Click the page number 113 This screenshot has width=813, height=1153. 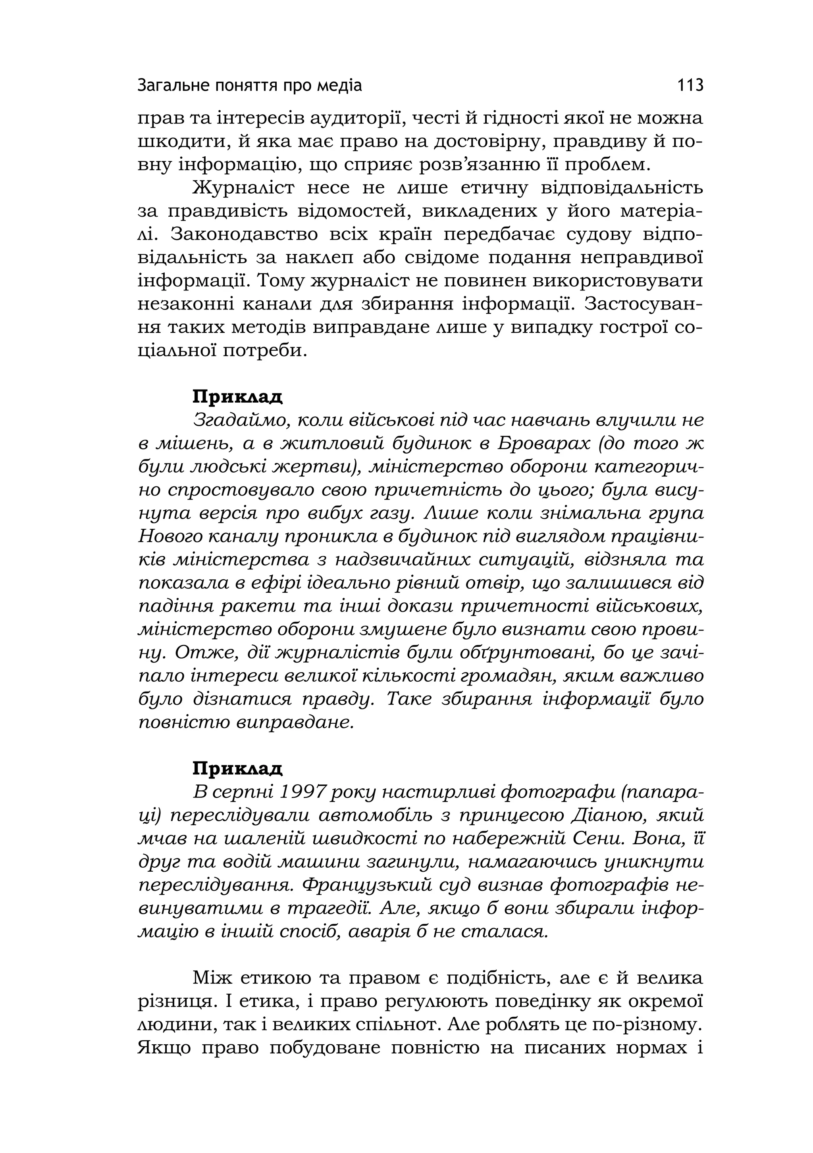pos(690,85)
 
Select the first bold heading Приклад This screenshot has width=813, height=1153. pos(237,397)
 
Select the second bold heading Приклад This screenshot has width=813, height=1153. pos(237,768)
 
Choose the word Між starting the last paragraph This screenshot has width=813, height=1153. pos(211,978)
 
